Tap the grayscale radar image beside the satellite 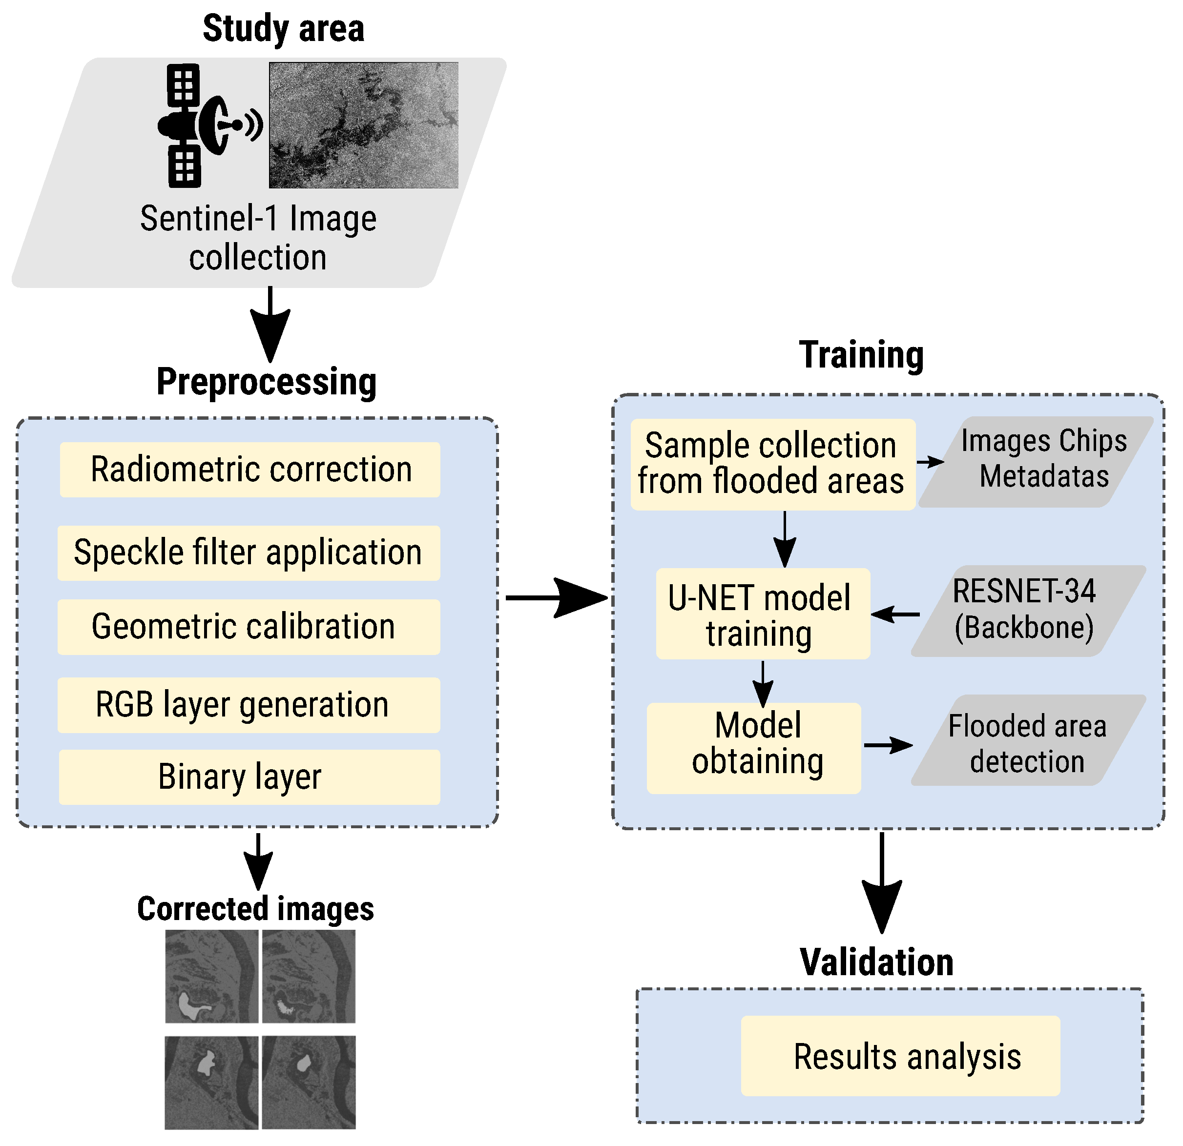point(363,125)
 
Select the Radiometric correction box point(250,470)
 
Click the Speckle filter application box point(249,553)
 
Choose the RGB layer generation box point(249,705)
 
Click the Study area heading point(283,28)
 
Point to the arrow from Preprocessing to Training point(555,598)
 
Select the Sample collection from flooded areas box point(772,464)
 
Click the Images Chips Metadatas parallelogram point(1037,462)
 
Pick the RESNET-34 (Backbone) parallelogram point(1028,610)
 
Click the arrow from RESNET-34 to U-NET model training point(896,614)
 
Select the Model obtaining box point(754,748)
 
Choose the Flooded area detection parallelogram point(1028,740)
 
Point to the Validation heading point(876,962)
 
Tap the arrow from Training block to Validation point(882,881)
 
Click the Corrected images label point(255,909)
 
